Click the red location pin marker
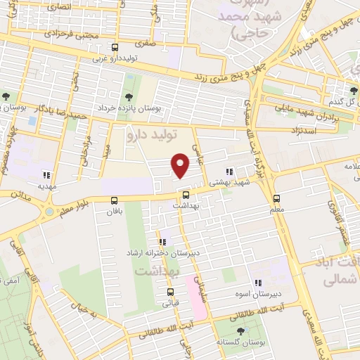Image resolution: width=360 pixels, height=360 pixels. point(181,166)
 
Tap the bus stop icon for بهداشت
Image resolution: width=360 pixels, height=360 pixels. point(185,195)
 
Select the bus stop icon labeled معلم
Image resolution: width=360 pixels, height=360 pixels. point(276,199)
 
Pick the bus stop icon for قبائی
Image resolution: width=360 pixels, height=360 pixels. point(170,292)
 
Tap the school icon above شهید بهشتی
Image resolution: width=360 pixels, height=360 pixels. point(229,171)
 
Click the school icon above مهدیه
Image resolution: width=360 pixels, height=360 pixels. point(46,175)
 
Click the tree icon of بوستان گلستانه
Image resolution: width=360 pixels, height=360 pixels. point(241,330)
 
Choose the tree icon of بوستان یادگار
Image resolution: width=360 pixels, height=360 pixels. point(6,96)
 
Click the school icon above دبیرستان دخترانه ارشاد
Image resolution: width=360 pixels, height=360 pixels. point(162,242)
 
